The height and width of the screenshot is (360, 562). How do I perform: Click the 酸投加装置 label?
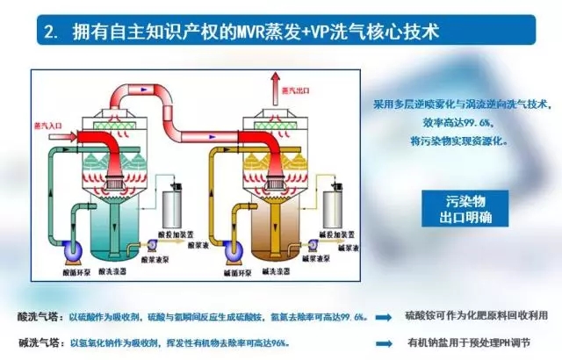[172, 234]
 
